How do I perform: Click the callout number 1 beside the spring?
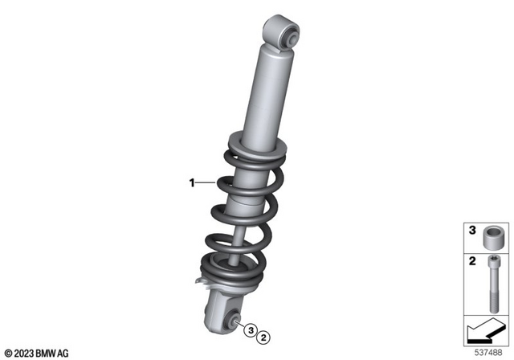tap(192, 183)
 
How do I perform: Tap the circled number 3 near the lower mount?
tap(251, 330)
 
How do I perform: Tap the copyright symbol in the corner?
tap(7, 351)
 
